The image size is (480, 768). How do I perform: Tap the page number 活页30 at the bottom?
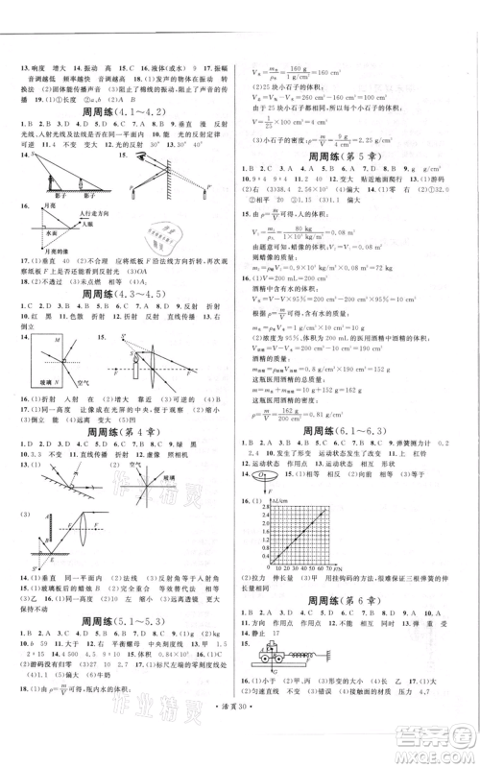point(240,749)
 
